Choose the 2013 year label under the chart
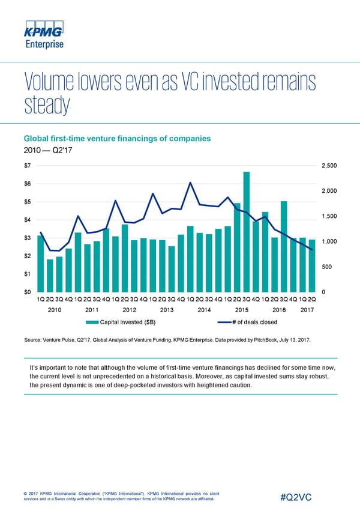(167, 310)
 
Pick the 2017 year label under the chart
(307, 310)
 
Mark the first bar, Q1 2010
(40, 264)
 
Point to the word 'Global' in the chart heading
(37, 139)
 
